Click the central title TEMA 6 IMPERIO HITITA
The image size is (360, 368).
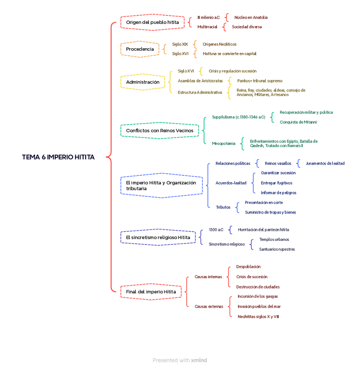click(x=58, y=157)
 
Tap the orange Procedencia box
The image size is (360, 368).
click(x=140, y=49)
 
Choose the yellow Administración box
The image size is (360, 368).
click(x=143, y=82)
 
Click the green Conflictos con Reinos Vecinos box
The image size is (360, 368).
click(x=160, y=131)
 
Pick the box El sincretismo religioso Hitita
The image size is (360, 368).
click(x=158, y=237)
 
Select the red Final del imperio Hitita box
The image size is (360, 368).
click(x=151, y=292)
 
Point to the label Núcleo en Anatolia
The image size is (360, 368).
click(x=251, y=18)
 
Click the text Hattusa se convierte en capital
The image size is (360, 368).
click(x=229, y=54)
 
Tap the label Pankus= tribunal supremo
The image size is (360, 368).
click(x=260, y=81)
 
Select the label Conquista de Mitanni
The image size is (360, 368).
click(x=298, y=122)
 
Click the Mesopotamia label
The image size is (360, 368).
click(x=224, y=144)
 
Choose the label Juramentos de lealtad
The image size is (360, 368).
click(x=325, y=164)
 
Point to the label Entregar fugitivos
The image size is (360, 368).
click(x=277, y=183)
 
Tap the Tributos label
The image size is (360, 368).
click(x=223, y=207)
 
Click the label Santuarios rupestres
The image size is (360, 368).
click(x=277, y=250)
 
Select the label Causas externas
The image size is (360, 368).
click(x=209, y=306)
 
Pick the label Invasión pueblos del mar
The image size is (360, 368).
click(x=259, y=306)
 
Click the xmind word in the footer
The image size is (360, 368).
click(x=199, y=360)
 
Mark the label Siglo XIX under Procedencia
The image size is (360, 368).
click(x=180, y=44)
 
